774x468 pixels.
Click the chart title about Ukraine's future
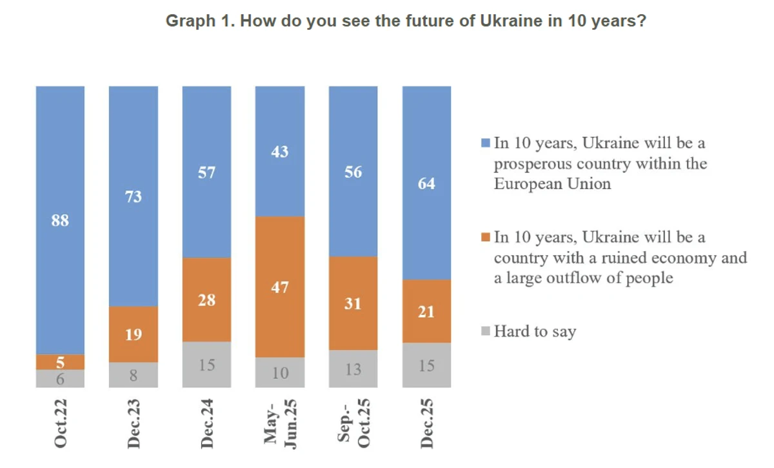406,21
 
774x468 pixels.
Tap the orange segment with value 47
280,287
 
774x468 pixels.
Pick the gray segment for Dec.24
206,365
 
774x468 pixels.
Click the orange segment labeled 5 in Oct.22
60,362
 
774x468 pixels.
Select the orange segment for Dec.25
426,311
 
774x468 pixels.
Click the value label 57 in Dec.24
206,172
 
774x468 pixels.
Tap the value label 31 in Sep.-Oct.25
353,303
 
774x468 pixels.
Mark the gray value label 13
353,369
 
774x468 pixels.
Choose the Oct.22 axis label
61,423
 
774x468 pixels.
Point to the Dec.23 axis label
134,423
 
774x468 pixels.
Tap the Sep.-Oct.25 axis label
353,423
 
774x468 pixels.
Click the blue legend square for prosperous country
486,143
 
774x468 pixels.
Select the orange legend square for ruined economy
486,238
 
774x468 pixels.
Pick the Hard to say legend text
535,332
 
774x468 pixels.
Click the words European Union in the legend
552,183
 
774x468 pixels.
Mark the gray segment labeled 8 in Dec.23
134,375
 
